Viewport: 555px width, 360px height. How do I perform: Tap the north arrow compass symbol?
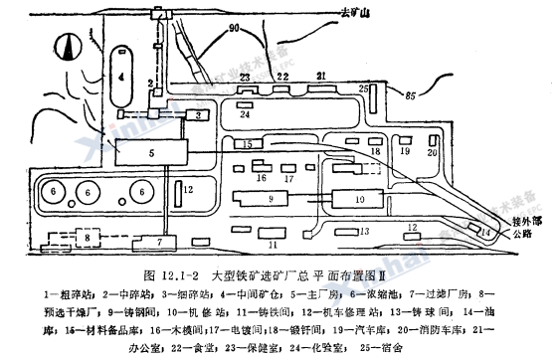[x=67, y=46]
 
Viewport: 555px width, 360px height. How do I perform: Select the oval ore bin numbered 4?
[x=120, y=73]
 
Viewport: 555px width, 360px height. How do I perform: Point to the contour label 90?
[x=262, y=31]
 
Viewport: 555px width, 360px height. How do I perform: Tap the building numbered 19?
[x=404, y=153]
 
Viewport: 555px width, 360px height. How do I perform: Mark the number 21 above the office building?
[x=321, y=76]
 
